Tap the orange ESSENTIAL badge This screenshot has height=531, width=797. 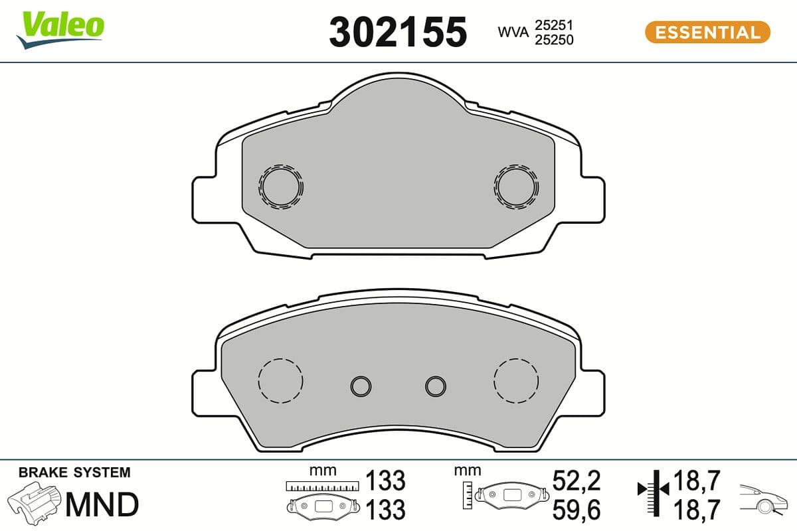tap(707, 32)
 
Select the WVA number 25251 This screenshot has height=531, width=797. tap(555, 25)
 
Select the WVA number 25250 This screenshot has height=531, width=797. tap(555, 40)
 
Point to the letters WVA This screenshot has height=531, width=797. tap(511, 32)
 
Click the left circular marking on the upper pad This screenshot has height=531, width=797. tap(282, 186)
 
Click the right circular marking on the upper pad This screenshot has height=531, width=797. tap(515, 186)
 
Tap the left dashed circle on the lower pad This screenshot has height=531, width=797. tap(280, 380)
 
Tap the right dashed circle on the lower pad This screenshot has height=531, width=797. tap(516, 380)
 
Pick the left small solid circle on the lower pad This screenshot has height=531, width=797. tap(361, 385)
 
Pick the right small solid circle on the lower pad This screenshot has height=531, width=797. tap(436, 385)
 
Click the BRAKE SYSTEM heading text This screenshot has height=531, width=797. tap(74, 473)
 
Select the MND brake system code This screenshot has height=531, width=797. tap(102, 504)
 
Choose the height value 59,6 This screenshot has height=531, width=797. tap(576, 510)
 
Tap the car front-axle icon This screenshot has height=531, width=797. tap(764, 500)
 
